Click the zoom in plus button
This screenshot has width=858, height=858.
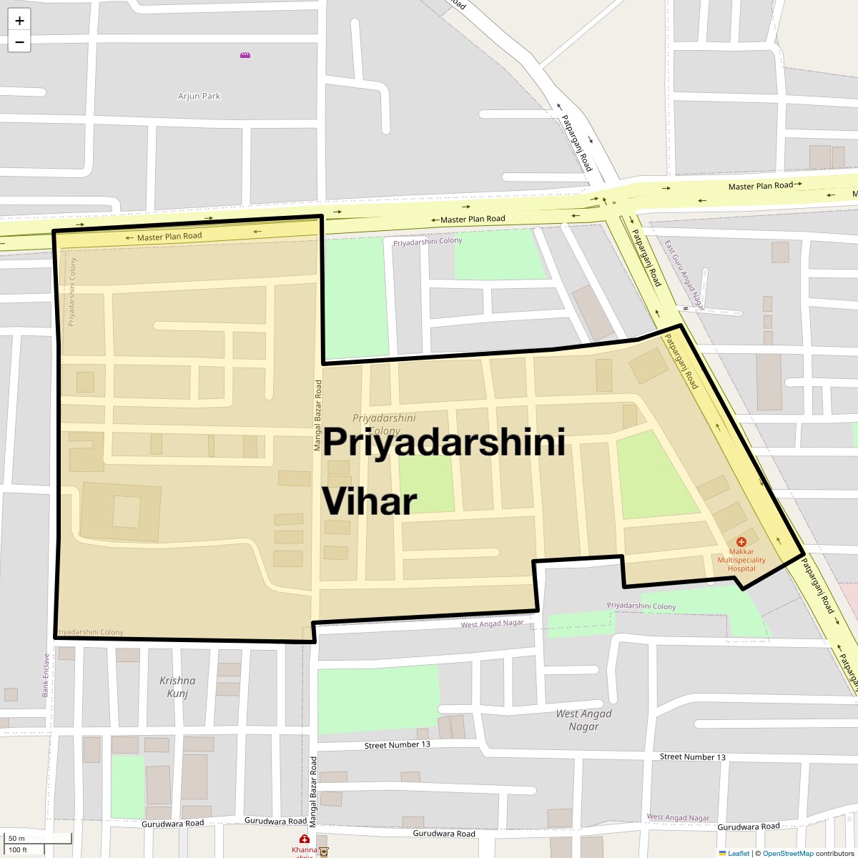point(19,21)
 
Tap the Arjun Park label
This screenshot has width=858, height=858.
point(199,96)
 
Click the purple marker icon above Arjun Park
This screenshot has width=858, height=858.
point(245,55)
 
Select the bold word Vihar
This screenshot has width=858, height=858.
point(369,501)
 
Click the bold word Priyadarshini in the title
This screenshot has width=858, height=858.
point(444,443)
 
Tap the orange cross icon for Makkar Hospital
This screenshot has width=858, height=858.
point(741,542)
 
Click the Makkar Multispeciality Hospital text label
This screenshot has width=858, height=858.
point(741,560)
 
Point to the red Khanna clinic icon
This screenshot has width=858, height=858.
point(305,839)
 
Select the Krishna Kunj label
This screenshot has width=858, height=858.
point(177,686)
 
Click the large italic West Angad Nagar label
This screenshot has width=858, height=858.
point(583,720)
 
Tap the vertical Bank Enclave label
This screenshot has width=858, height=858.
point(46,675)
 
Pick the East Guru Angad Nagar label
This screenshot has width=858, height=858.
point(684,275)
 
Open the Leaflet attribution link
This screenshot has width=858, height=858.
point(738,853)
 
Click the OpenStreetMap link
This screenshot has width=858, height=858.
point(787,853)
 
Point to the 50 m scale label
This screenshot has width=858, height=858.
point(16,838)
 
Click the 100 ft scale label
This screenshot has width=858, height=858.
point(18,849)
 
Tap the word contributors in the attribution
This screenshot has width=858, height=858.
point(834,853)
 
